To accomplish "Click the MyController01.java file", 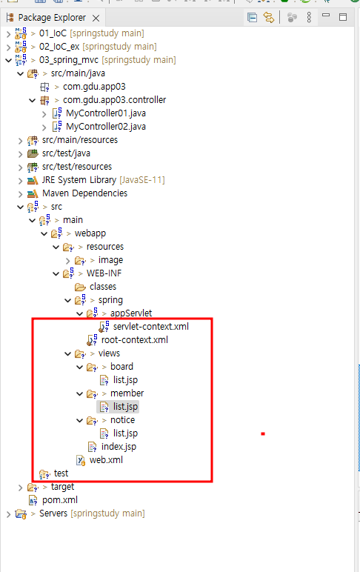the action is click(106, 113).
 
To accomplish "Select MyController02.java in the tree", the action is click(106, 127).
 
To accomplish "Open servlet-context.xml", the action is click(151, 327).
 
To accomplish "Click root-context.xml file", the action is click(135, 340).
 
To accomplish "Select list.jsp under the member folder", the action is click(125, 407).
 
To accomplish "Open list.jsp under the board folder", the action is click(125, 380).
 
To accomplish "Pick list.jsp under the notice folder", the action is click(125, 433).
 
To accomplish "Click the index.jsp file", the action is click(119, 447).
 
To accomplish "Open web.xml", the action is click(106, 460).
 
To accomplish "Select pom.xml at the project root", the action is click(60, 500).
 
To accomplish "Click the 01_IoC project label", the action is click(53, 33).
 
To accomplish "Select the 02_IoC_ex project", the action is click(59, 47).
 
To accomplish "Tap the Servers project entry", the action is click(53, 513).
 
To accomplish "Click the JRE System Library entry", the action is click(79, 180).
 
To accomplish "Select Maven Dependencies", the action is click(84, 193).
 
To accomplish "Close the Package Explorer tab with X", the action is click(96, 18).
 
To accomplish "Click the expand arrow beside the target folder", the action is click(21, 488).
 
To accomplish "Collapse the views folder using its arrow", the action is click(68, 353).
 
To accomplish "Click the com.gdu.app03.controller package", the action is click(115, 100).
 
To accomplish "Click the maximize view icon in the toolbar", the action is click(343, 17).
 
